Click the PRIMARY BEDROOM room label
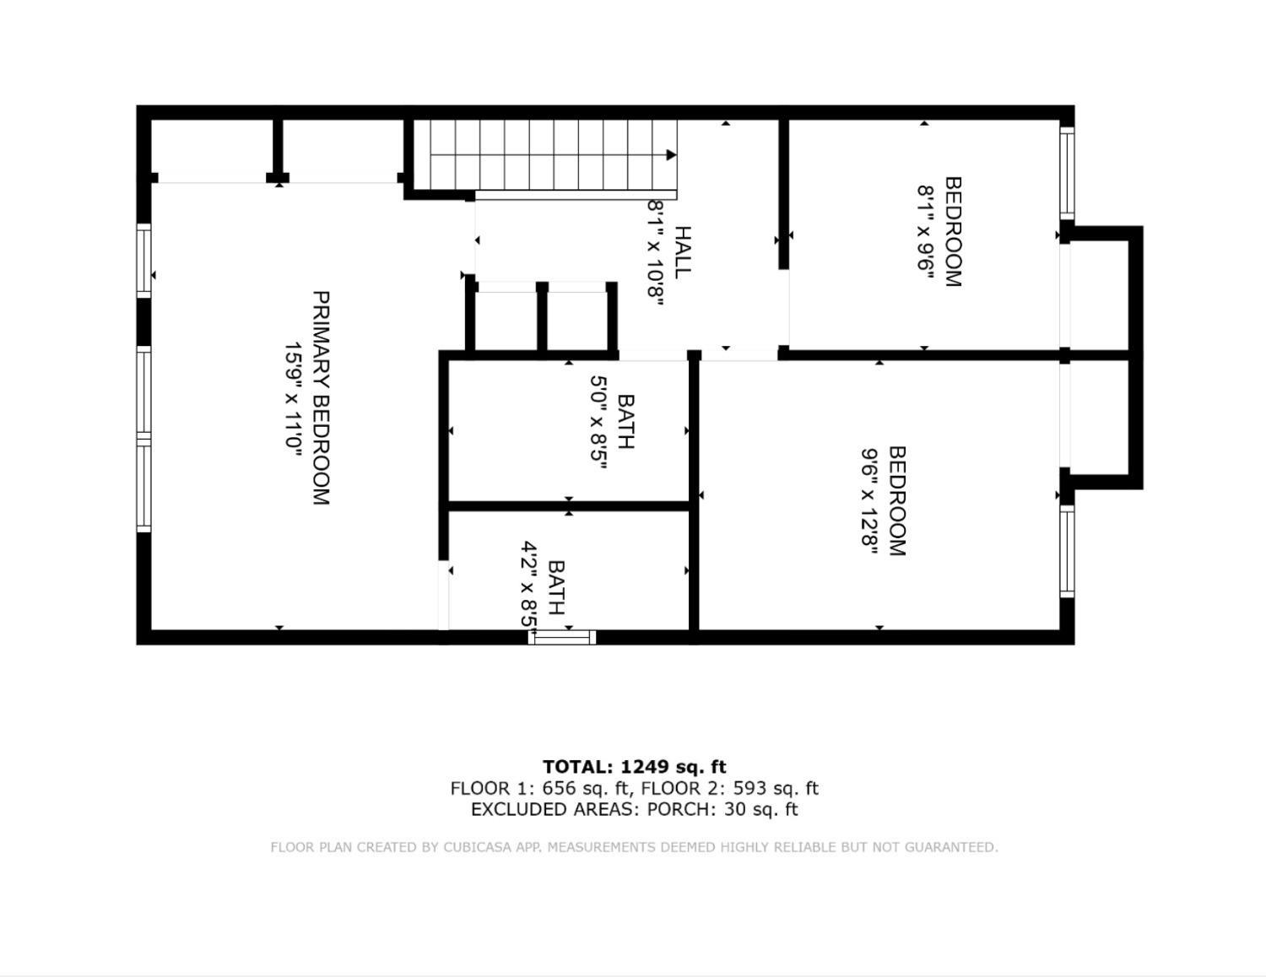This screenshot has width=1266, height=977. [x=321, y=397]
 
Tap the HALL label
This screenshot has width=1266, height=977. [x=682, y=252]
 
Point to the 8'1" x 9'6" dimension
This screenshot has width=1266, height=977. [x=925, y=232]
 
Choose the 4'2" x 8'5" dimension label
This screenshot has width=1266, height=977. [x=529, y=585]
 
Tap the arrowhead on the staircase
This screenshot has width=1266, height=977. [x=671, y=155]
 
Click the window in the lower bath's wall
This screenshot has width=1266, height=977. [x=561, y=637]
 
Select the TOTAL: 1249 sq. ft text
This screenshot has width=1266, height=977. [x=634, y=767]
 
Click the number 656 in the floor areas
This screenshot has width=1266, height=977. [x=560, y=788]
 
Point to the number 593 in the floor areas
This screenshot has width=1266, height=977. [x=749, y=788]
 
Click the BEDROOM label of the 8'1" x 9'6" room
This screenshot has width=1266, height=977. [x=953, y=232]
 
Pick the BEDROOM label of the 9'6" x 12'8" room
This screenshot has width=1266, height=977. [x=897, y=501]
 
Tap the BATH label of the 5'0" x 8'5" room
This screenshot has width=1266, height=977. [x=625, y=422]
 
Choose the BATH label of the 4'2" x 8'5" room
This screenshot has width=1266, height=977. [x=556, y=587]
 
